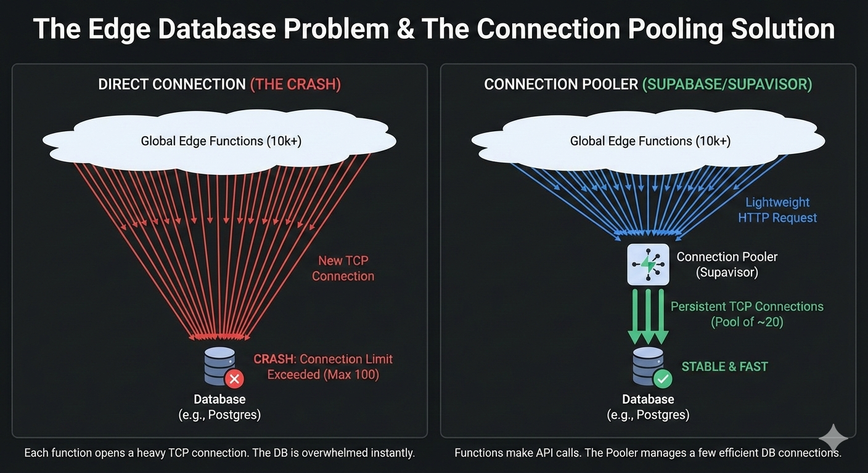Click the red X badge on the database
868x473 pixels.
[x=234, y=378]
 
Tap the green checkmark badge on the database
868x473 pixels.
[x=663, y=378]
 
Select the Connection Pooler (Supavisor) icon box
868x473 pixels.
[x=648, y=264]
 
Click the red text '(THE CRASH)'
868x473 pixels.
[x=295, y=84]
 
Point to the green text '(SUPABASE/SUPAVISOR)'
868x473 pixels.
[x=727, y=84]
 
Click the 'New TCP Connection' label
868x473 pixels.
[x=343, y=269]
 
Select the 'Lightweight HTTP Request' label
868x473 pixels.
[x=777, y=210]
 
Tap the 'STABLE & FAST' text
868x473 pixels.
[x=724, y=366]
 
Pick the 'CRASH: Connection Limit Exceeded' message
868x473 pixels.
[x=323, y=366]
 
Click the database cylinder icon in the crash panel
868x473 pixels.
[x=219, y=366]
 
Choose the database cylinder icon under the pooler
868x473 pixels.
[x=648, y=366]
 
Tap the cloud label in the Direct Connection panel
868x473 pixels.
[x=221, y=141]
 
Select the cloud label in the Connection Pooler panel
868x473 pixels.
[x=650, y=141]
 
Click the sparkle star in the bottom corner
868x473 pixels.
[x=833, y=439]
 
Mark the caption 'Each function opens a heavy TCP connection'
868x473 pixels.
[x=219, y=453]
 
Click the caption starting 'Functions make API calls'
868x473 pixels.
[x=647, y=453]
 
